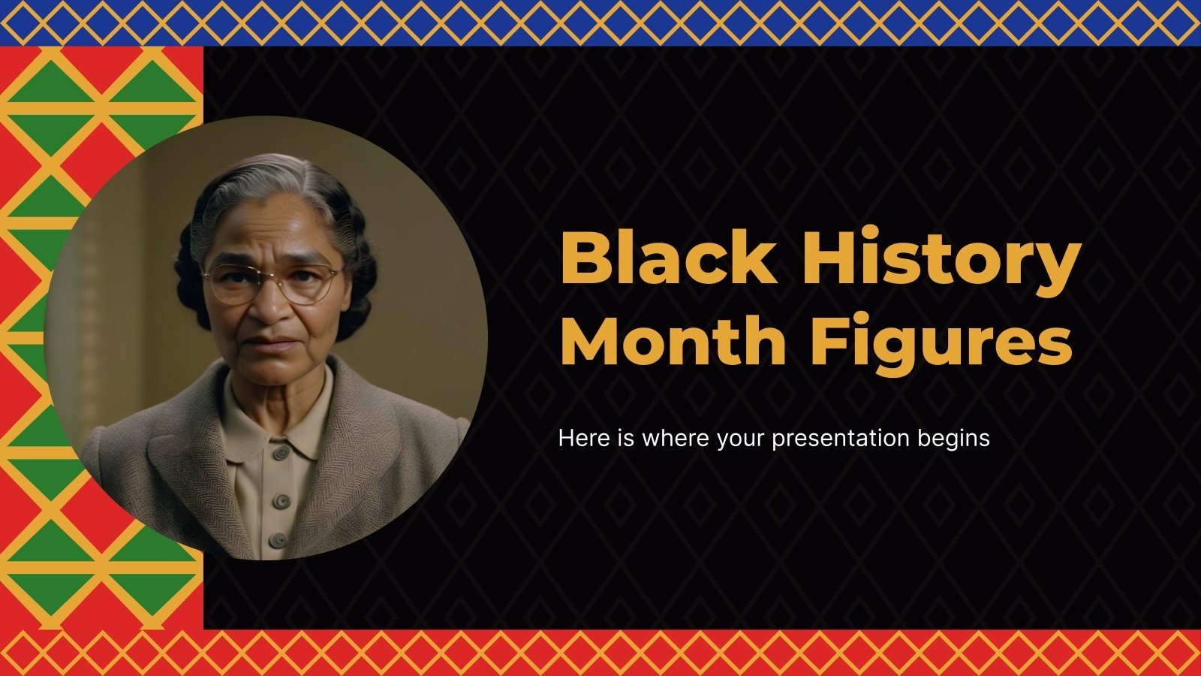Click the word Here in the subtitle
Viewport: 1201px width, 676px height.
tap(578, 437)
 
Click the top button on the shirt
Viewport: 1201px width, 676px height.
tap(281, 453)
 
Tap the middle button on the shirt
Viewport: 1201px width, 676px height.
tap(281, 501)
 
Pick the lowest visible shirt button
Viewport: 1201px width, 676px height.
tap(278, 539)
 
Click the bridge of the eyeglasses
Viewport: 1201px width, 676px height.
tap(273, 276)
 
